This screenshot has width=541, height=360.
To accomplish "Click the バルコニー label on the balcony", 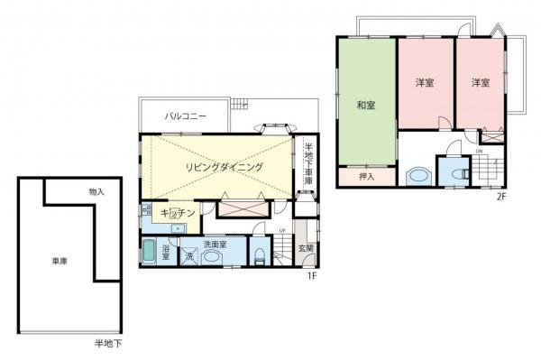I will coord(185,116).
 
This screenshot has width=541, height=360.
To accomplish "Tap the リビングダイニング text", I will coord(225,168).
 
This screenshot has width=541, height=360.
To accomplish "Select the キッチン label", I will coord(178,212).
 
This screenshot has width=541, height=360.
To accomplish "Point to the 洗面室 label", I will coord(213,244).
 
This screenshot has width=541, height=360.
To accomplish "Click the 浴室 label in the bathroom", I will coord(167,250).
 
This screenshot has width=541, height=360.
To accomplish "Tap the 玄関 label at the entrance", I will coord(307,248).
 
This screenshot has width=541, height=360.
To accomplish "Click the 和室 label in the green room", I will coord(366,106).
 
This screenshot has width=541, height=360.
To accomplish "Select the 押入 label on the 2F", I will coord(367,176).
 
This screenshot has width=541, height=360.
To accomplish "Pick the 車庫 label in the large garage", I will coord(60,262).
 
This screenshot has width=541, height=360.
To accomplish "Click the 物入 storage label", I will coord(96,192).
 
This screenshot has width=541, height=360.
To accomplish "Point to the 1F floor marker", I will coord(310,274).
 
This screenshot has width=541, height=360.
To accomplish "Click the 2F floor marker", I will coord(500,194).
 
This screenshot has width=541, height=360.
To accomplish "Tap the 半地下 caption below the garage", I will coord(108,344).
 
